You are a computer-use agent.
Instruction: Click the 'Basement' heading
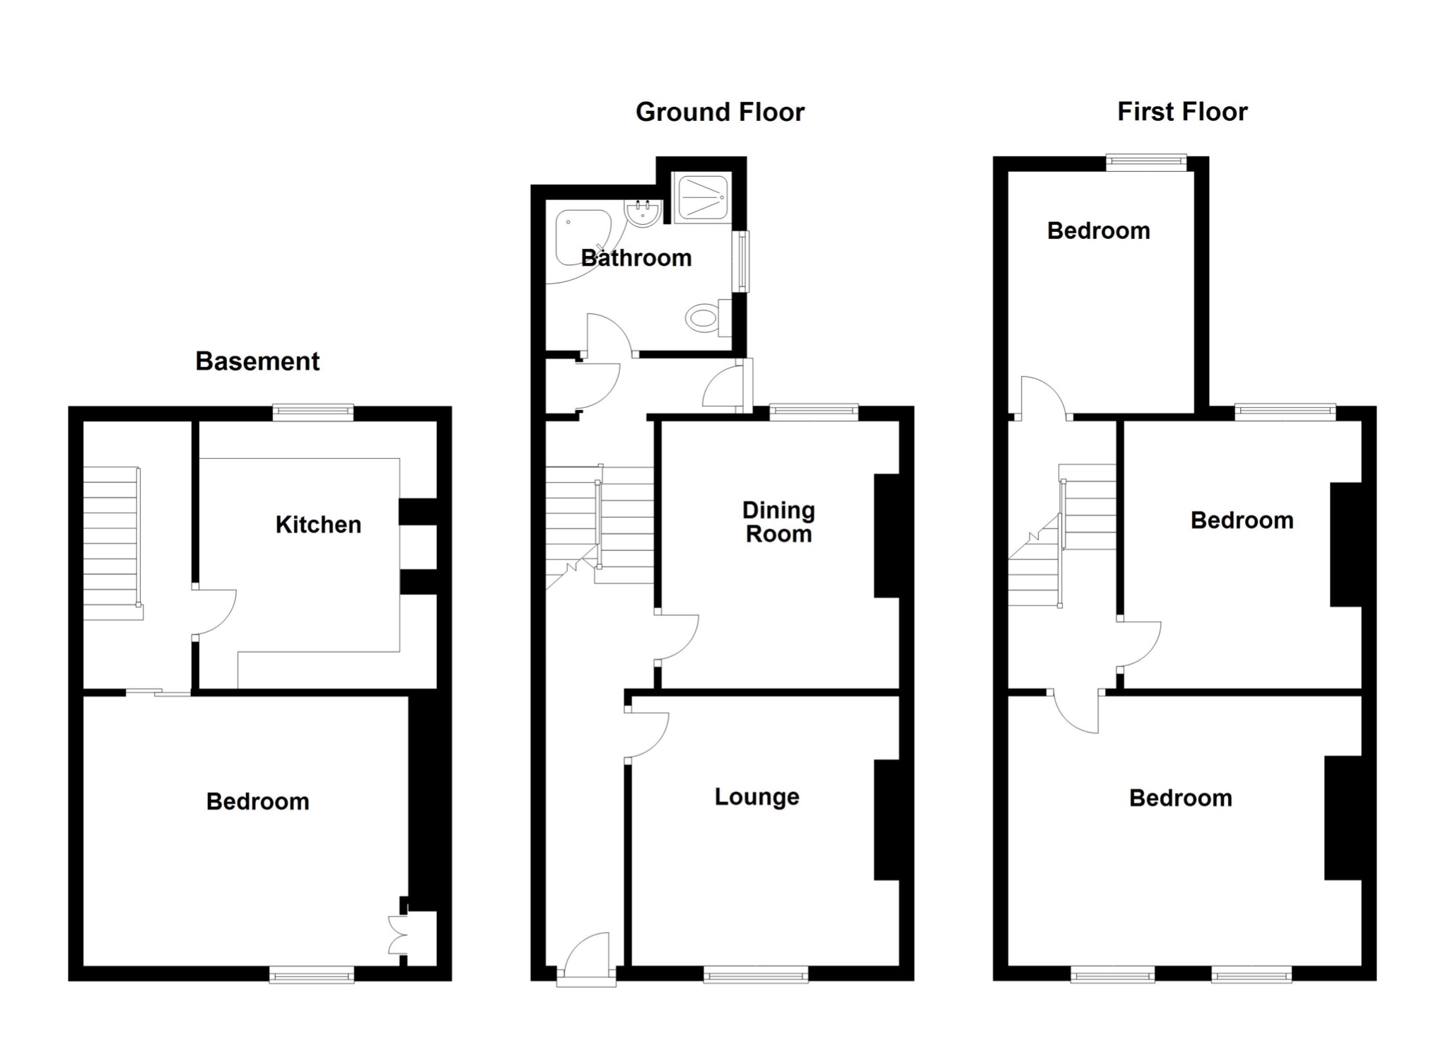[257, 361]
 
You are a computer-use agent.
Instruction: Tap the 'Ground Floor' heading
[720, 112]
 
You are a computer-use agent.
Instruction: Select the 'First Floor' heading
[1182, 112]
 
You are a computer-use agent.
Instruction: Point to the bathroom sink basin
[643, 214]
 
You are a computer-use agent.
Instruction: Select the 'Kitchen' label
[318, 525]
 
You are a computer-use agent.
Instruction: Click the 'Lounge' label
[757, 797]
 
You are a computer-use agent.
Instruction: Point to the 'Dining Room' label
[778, 522]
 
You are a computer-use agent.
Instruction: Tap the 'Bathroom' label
[636, 258]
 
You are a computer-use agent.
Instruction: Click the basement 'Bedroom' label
[257, 802]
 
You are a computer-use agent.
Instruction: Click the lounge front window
[756, 977]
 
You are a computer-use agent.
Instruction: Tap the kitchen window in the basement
[313, 412]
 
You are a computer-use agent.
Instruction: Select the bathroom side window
[741, 261]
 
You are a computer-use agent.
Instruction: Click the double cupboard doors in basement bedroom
[399, 934]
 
